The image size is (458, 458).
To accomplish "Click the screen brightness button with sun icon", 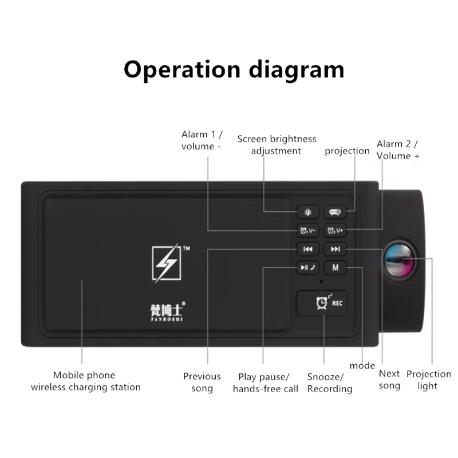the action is pos(307,212).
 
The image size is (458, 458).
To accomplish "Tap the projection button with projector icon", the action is pos(335,212).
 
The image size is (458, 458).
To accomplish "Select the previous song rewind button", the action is pos(307,249).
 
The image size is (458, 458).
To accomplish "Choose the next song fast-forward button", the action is pos(335,249).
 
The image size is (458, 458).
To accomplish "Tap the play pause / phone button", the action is pos(307,267).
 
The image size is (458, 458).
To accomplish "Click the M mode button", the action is pos(335,267).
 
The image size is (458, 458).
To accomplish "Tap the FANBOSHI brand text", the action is pos(167,319).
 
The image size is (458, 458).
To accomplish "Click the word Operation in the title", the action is pos(182,70).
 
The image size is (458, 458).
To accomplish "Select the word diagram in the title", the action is pos(297,70).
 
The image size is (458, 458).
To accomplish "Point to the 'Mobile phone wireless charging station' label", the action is pos(85,381).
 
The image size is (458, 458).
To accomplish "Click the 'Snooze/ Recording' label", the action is pos(330,383).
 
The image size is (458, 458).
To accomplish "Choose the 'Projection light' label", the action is pos(428,380).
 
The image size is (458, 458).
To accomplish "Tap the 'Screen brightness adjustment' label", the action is pos(277,145).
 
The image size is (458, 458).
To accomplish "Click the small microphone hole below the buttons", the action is pos(321,282).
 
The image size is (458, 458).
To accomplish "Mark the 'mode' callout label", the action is pos(362,366).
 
